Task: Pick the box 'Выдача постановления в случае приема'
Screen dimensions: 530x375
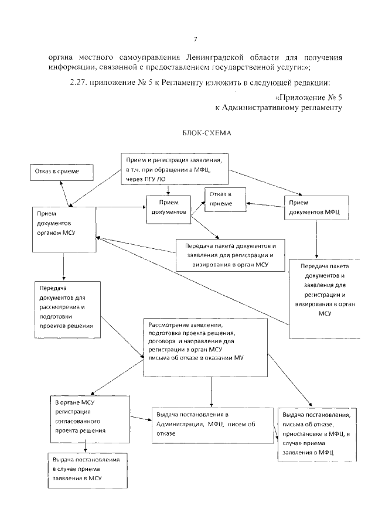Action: click(x=86, y=469)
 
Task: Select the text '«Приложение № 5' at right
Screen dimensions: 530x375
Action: click(x=307, y=97)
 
